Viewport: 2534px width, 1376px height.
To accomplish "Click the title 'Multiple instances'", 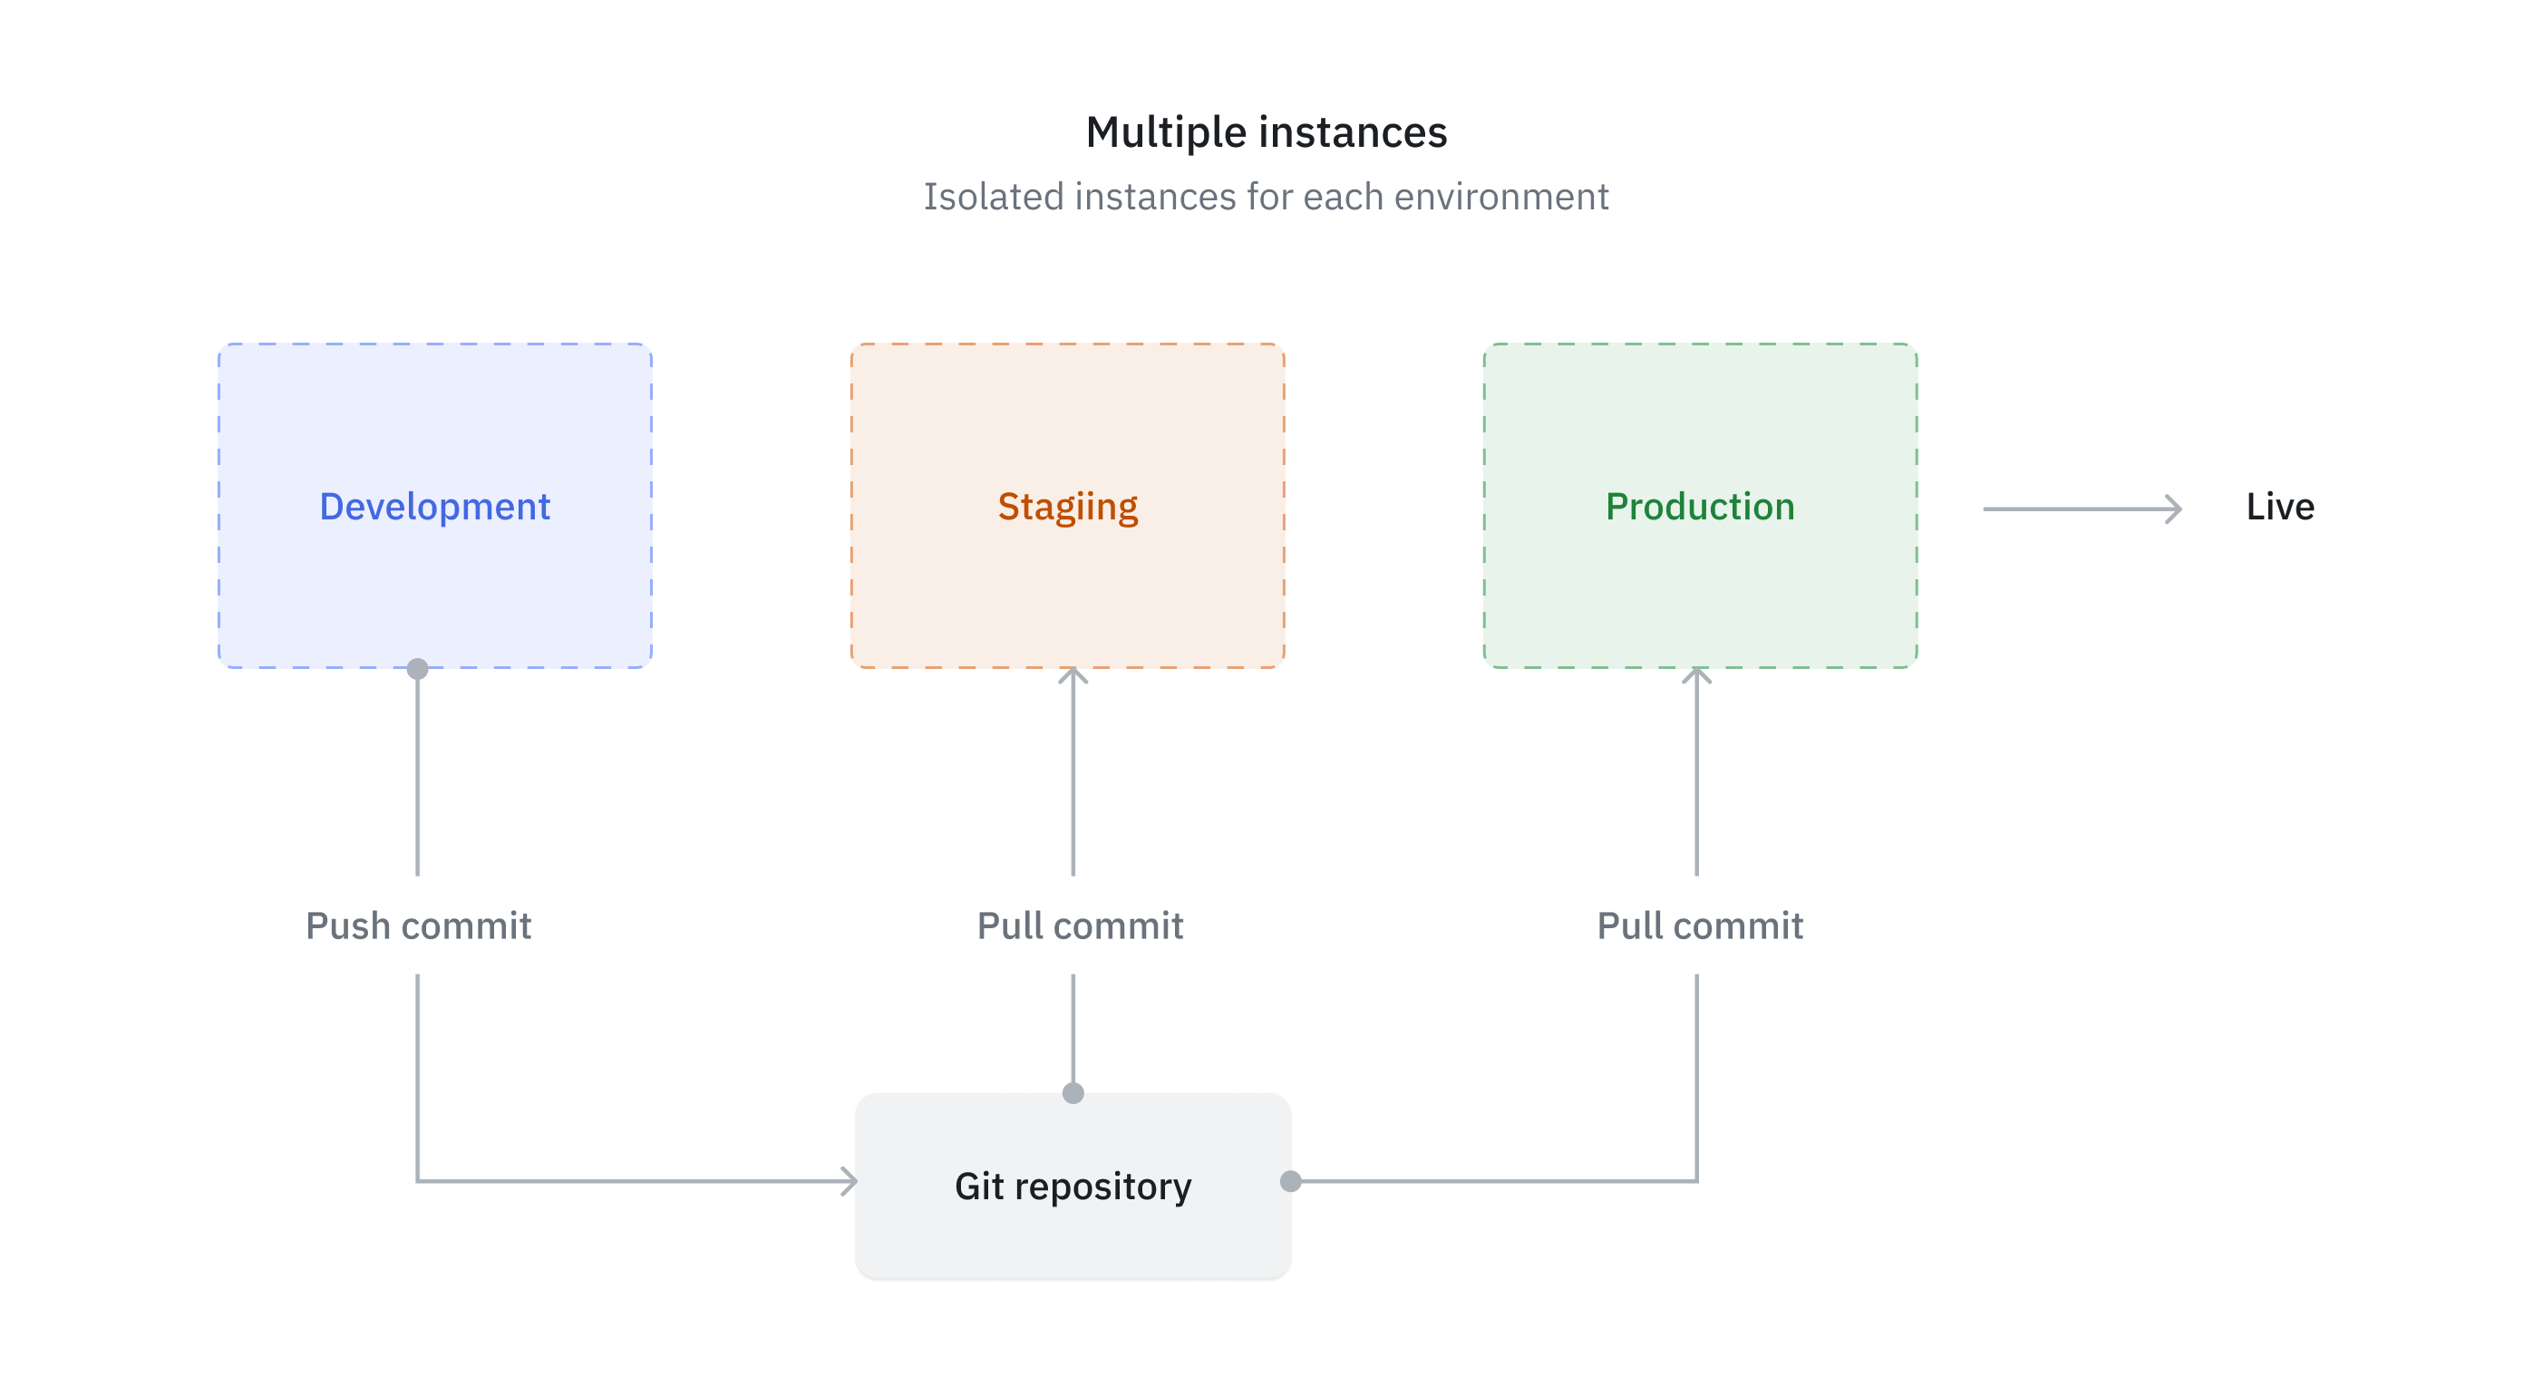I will click(x=1266, y=131).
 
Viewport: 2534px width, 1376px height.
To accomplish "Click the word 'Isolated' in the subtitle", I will click(x=993, y=197).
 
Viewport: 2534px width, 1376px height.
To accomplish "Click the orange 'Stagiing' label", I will click(x=1067, y=507).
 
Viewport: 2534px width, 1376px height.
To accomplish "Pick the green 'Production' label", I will click(x=1699, y=507).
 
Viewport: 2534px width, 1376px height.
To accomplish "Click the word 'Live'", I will click(x=2279, y=507).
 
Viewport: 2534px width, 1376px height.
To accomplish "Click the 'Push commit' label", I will click(x=418, y=925).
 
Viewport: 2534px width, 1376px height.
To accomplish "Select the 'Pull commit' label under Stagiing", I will click(x=1079, y=925).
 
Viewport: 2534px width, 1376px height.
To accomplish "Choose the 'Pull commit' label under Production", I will click(x=1699, y=925).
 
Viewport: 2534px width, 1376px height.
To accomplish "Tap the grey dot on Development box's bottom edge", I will click(x=417, y=669).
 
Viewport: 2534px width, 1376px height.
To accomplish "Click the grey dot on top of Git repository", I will click(x=1073, y=1093).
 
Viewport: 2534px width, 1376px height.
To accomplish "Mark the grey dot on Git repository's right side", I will click(x=1291, y=1180).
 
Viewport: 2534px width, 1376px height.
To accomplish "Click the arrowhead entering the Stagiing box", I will click(x=1073, y=674).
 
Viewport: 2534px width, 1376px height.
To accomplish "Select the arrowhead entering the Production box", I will click(x=1697, y=674).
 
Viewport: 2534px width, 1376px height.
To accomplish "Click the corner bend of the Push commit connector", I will click(x=418, y=1180).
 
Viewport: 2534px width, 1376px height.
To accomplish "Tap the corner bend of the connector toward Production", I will click(x=1697, y=1180).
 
